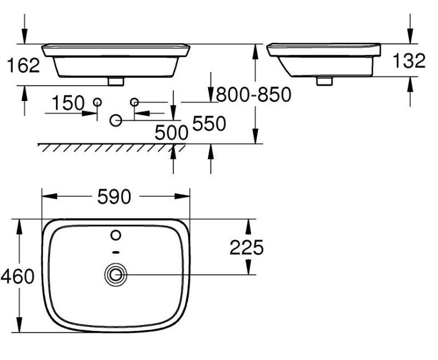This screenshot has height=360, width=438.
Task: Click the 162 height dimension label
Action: [x=23, y=66]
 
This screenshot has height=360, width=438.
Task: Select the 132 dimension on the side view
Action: [x=409, y=60]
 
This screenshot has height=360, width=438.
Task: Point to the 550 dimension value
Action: [x=209, y=123]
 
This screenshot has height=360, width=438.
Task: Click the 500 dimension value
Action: [x=172, y=132]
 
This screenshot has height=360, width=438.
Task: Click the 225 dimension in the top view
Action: [x=246, y=248]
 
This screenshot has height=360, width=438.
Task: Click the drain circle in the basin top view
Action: [x=116, y=275]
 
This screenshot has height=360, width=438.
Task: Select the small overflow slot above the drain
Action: [x=116, y=252]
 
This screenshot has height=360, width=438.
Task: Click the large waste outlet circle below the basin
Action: [x=116, y=120]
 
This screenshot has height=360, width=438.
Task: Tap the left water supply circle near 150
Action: [x=97, y=102]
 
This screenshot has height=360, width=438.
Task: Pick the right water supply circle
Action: [x=135, y=102]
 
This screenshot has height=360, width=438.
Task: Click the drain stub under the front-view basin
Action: [x=116, y=81]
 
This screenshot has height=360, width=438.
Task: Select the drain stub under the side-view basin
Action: [x=324, y=81]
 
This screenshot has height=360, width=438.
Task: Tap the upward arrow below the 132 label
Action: [x=409, y=91]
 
